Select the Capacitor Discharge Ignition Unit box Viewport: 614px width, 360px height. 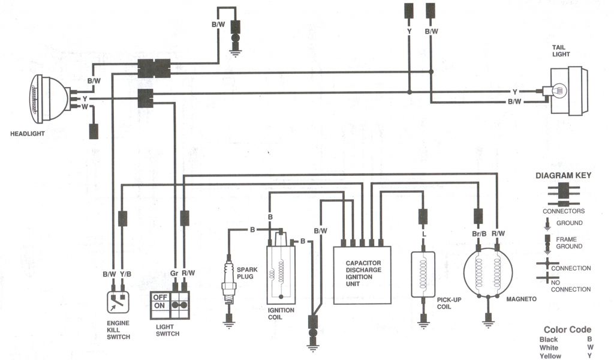pos(363,275)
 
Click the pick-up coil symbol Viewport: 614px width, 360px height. pos(424,274)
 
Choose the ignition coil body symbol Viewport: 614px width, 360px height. pos(280,272)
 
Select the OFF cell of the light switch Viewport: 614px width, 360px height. pos(159,296)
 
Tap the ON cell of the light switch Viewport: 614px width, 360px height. pos(159,305)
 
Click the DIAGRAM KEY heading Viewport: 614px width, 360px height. pos(563,176)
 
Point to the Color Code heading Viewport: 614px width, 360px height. pos(567,329)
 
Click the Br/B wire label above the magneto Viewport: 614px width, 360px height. pos(478,233)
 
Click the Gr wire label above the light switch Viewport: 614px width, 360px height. pos(173,274)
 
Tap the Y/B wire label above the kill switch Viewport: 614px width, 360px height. pos(125,274)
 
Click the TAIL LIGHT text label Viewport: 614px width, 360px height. pos(561,50)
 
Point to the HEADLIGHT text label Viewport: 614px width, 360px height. pos(27,133)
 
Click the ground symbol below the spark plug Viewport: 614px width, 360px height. pos(228,323)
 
